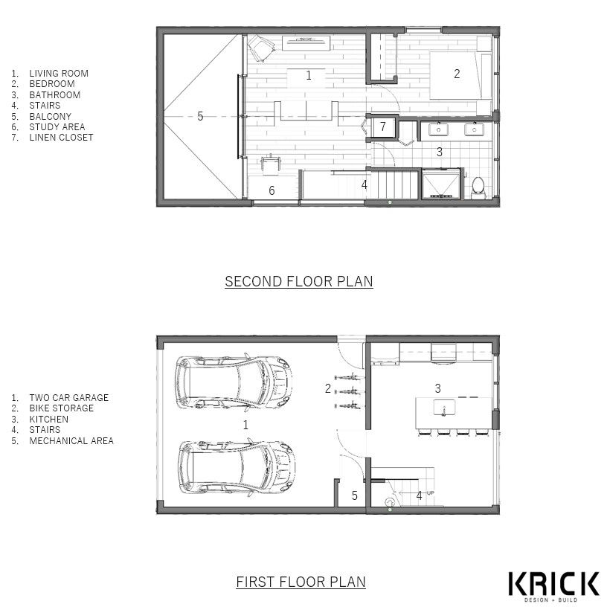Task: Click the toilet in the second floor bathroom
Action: (478, 187)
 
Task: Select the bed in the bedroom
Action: (460, 74)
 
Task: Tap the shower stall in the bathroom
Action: (442, 184)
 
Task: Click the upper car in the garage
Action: (234, 382)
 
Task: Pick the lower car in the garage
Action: (236, 468)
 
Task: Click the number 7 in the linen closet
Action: (383, 126)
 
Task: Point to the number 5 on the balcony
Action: (200, 116)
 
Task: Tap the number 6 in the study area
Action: (272, 190)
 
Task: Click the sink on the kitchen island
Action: (444, 408)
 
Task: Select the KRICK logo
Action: (553, 586)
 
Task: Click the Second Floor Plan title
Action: (299, 281)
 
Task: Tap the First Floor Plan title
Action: (301, 582)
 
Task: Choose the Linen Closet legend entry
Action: (52, 138)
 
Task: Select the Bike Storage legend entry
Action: (53, 408)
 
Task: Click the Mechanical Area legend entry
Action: (62, 440)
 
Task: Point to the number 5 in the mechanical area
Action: (355, 495)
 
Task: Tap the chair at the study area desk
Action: (271, 164)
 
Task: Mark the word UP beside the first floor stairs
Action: (431, 492)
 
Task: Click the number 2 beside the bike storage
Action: (328, 388)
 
